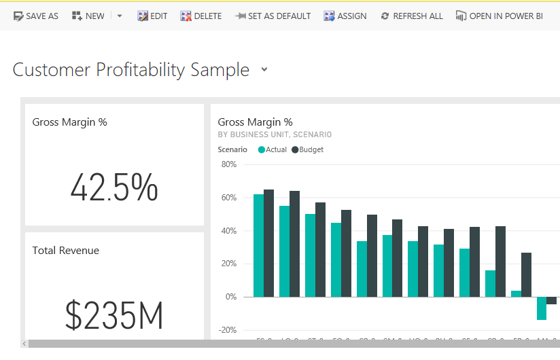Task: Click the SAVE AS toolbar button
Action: (36, 16)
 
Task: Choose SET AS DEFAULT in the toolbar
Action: (273, 16)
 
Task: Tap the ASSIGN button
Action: (345, 16)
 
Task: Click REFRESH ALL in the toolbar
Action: (412, 16)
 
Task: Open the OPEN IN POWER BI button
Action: (500, 16)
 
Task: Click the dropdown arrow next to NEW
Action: (120, 16)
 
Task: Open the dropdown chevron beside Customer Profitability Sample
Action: (264, 69)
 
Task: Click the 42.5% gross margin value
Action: (114, 188)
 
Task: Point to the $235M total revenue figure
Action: (114, 315)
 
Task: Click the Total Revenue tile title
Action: (66, 251)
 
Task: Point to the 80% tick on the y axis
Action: (228, 164)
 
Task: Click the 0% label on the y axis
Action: (230, 297)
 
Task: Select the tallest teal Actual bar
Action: (258, 245)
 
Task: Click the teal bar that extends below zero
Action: (541, 308)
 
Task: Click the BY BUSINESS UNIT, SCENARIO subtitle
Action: (275, 134)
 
